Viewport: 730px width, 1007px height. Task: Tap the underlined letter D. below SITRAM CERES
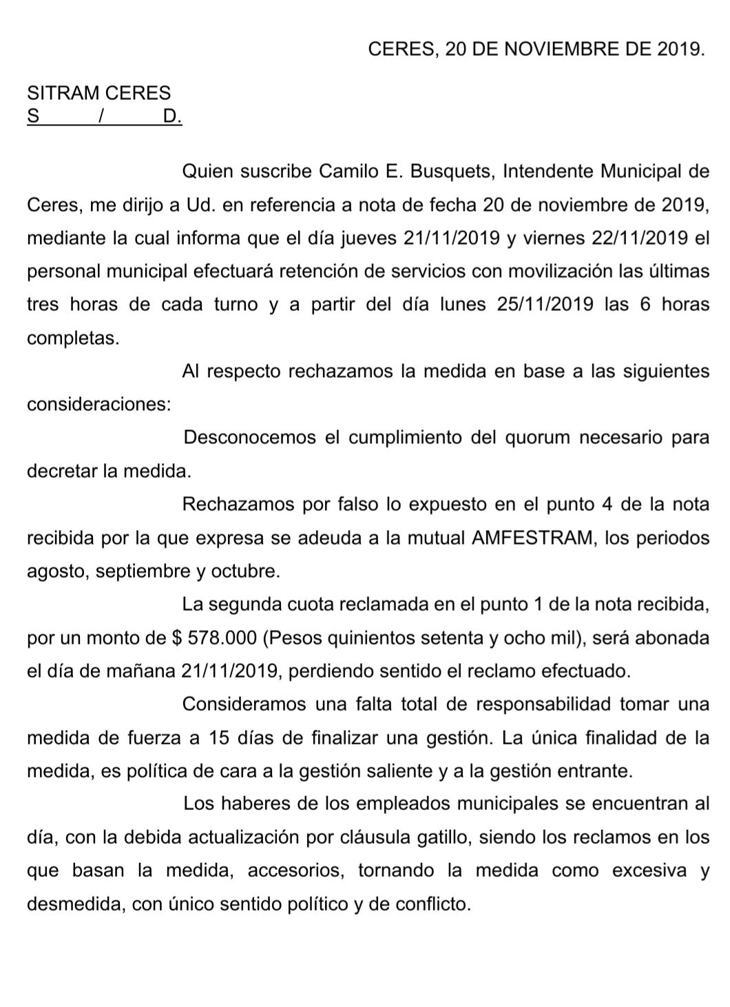point(172,116)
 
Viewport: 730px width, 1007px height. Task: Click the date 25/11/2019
point(545,305)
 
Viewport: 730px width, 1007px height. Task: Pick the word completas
point(73,338)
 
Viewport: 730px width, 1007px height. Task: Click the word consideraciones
point(98,405)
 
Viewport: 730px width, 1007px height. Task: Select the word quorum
point(537,438)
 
